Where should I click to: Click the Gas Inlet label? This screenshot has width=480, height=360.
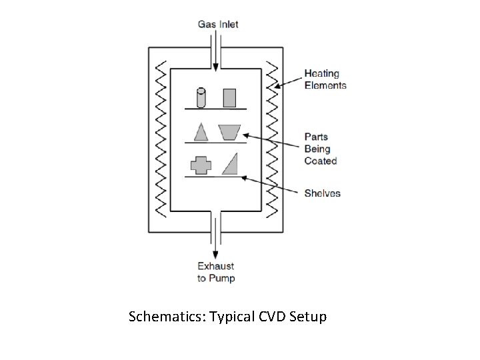[217, 25]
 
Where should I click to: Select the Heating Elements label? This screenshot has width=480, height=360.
[325, 79]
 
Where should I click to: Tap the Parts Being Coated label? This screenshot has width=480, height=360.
[321, 149]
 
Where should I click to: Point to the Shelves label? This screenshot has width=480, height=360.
[322, 193]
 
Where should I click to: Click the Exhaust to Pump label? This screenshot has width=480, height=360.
[216, 272]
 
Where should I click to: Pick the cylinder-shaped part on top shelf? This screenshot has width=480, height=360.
[201, 97]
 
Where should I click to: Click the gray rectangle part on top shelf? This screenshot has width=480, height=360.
[229, 97]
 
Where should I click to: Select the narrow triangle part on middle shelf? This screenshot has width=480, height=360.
[200, 131]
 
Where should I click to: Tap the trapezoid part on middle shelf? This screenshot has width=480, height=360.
[229, 132]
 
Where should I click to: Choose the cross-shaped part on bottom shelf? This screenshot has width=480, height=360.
[200, 165]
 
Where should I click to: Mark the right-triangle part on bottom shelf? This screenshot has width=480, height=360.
[231, 164]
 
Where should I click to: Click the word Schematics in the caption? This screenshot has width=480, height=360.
[167, 317]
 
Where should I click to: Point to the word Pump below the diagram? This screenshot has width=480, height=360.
[222, 278]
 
